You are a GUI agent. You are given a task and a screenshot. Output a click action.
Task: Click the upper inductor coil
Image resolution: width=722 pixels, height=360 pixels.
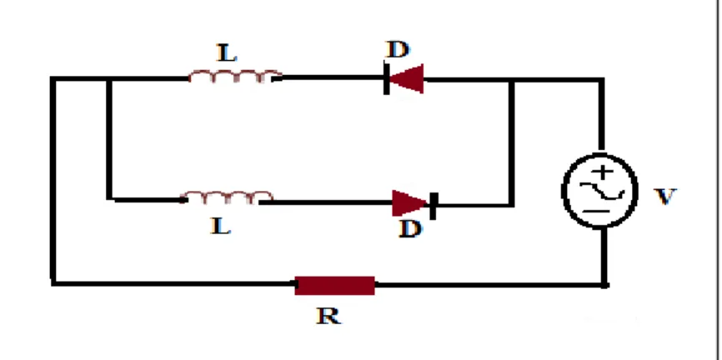click(x=235, y=76)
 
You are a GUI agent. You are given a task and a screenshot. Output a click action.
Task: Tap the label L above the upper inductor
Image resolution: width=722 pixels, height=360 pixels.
click(x=227, y=53)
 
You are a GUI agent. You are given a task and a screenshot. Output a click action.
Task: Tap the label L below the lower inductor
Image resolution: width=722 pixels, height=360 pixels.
click(x=221, y=226)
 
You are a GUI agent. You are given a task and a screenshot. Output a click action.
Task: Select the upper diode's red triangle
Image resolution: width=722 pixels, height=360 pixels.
click(x=407, y=78)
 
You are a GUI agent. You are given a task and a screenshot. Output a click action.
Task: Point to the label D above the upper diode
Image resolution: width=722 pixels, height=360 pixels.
click(x=398, y=49)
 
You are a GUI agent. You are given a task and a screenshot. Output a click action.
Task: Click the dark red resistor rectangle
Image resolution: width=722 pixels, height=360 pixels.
click(x=335, y=286)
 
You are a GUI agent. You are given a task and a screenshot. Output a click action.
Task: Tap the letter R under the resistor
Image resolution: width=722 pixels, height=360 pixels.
click(x=328, y=316)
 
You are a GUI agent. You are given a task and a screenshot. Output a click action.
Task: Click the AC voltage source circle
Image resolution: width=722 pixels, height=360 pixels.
click(x=600, y=190)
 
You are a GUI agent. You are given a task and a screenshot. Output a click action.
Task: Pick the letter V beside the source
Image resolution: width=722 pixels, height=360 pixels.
click(x=665, y=197)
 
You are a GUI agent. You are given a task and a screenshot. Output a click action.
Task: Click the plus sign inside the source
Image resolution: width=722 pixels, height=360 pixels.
click(x=602, y=172)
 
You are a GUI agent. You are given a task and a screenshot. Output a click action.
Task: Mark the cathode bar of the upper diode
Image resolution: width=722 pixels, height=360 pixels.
click(x=386, y=78)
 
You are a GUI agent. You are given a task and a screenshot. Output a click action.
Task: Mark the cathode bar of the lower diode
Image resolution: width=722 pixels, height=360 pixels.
click(x=433, y=205)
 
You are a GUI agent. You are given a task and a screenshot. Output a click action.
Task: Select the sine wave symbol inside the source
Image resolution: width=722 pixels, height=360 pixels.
click(x=602, y=191)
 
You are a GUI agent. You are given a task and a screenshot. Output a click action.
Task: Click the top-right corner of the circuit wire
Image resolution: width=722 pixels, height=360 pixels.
click(x=601, y=80)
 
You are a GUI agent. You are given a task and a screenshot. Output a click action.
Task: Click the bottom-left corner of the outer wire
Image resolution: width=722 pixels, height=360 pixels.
click(x=53, y=282)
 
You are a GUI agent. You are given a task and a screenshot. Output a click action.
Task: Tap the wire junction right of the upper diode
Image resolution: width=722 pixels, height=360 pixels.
click(x=511, y=80)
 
